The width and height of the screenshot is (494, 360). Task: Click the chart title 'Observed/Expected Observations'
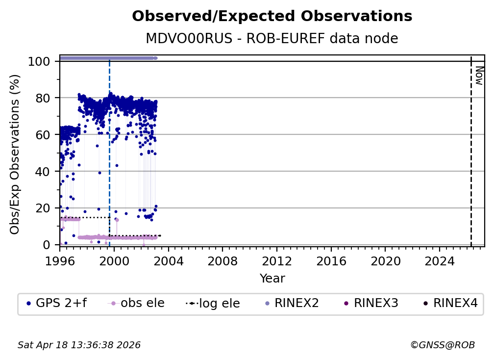272,17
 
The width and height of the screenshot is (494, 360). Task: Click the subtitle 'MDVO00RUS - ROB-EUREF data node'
272,39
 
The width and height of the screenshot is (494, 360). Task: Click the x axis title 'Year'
272,279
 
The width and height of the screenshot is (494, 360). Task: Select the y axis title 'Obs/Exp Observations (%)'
15,154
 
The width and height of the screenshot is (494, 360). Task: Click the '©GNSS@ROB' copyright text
442,345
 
